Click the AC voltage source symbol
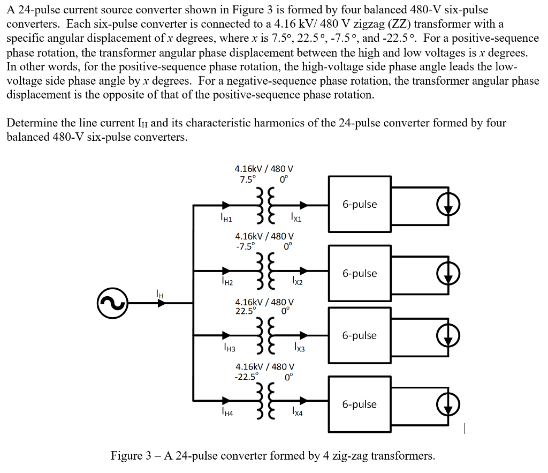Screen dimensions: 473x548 click(112, 303)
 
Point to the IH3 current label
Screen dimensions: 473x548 click(229, 349)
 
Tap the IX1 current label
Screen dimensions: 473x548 click(296, 217)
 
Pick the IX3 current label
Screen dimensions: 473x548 click(299, 349)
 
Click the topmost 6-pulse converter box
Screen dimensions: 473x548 click(360, 205)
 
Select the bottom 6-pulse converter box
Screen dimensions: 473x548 click(360, 404)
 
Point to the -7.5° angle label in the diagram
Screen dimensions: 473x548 click(246, 245)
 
